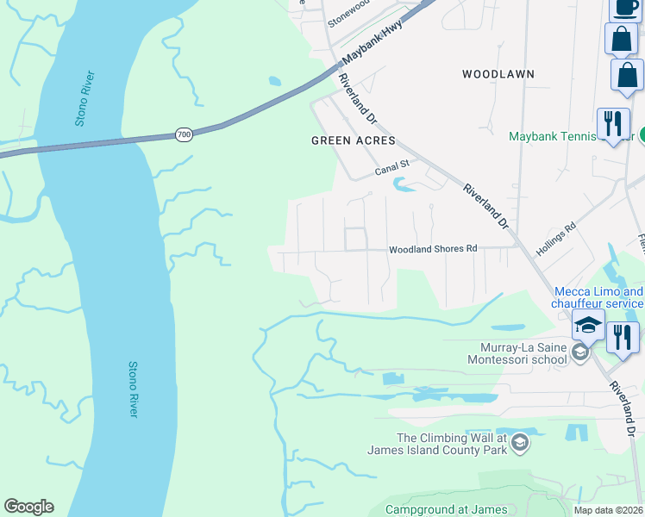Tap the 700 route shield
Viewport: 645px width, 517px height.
[184, 135]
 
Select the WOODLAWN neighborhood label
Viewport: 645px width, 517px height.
[498, 74]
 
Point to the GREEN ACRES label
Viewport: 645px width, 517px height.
[353, 140]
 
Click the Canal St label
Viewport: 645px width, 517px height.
[391, 170]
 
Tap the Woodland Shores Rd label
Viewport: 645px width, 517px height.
[433, 249]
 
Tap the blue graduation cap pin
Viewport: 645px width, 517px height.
[588, 326]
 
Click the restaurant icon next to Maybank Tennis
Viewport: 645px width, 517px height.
[612, 122]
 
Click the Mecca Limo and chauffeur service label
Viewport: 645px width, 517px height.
[598, 297]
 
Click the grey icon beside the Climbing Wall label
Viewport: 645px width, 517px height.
[519, 444]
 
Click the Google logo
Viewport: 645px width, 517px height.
[28, 507]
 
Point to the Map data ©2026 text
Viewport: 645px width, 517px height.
[609, 510]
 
